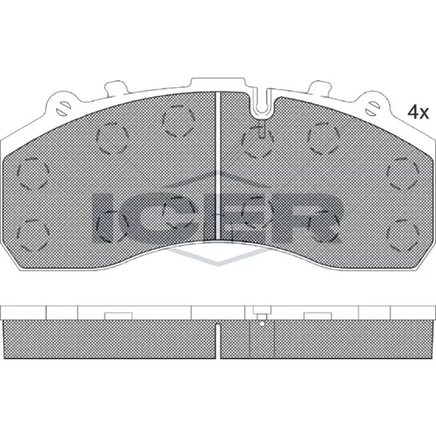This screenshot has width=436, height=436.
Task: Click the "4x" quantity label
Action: click(x=419, y=112)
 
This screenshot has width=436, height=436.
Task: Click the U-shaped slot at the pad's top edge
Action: click(x=263, y=102)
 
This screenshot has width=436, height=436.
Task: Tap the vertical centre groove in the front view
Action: click(x=218, y=166)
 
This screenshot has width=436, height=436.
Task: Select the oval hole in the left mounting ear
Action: click(x=63, y=108)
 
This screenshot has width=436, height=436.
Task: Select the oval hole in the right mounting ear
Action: click(x=372, y=108)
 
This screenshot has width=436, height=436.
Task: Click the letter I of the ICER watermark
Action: click(x=102, y=219)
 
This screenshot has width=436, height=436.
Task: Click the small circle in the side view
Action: click(x=262, y=324)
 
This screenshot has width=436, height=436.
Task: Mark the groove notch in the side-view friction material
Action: click(x=218, y=341)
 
